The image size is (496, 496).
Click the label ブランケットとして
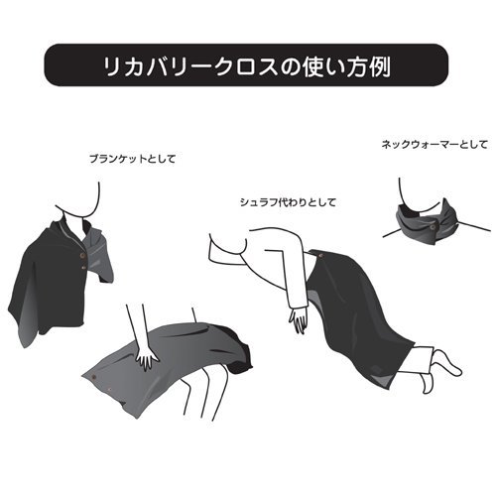(132, 159)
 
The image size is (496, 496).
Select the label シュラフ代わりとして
(288, 202)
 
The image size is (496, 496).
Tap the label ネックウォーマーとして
(434, 145)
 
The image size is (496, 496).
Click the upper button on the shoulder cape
(82, 255)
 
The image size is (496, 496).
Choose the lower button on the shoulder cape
(84, 268)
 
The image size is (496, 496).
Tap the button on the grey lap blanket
(95, 376)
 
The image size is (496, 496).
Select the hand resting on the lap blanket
(148, 356)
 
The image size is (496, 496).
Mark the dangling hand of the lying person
(299, 319)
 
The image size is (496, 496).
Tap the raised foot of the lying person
(446, 362)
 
